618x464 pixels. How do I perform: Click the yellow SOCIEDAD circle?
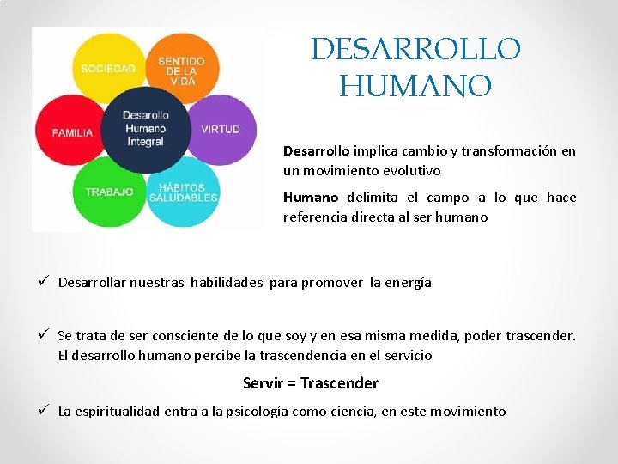107,65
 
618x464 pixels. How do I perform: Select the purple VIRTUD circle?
221,129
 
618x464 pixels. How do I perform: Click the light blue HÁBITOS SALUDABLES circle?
184,192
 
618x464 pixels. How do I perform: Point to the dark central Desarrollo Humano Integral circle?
144,129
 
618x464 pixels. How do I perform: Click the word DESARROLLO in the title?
415,49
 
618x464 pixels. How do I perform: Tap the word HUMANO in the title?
415,86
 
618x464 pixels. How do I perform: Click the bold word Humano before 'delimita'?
311,198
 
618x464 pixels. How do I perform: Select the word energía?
408,282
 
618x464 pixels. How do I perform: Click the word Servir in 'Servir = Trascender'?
264,383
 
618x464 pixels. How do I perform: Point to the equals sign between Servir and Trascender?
292,383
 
